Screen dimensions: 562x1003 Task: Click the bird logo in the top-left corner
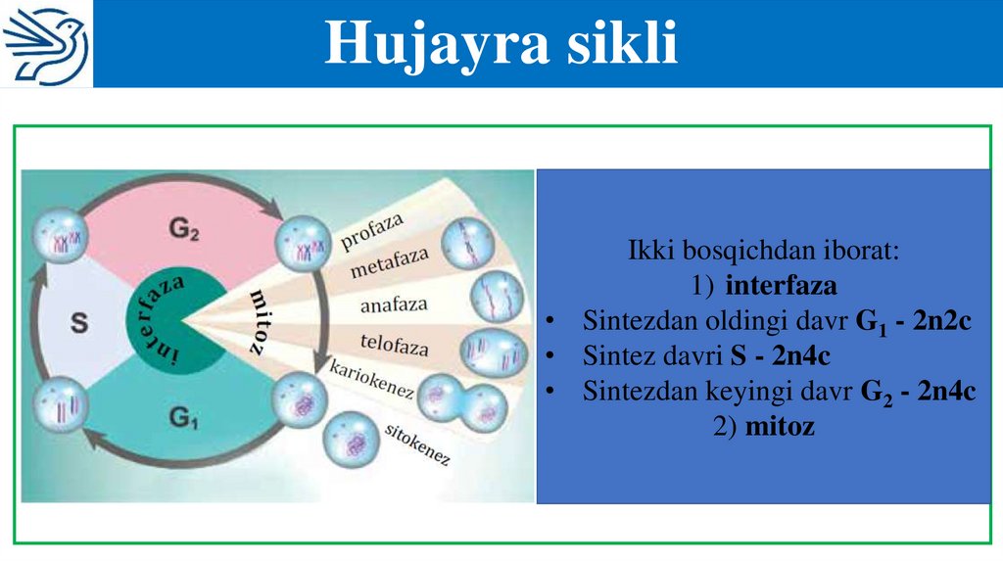(46, 44)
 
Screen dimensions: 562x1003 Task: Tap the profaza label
(372, 231)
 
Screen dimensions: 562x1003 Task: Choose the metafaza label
(390, 265)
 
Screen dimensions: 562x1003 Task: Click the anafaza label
(394, 304)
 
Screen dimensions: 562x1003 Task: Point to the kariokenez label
(371, 383)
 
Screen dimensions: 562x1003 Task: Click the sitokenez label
(417, 445)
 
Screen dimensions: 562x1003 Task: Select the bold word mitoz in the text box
(780, 427)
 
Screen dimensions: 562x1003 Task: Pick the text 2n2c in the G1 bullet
(942, 321)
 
